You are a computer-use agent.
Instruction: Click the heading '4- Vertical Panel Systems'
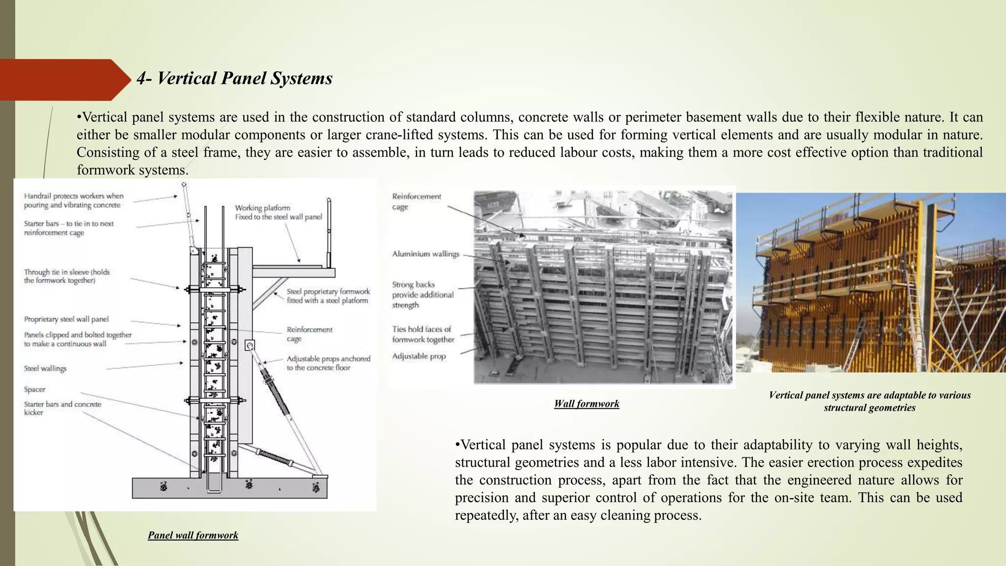point(234,79)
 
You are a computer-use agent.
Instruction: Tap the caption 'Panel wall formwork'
point(193,535)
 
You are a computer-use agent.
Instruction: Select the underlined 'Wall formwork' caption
point(587,404)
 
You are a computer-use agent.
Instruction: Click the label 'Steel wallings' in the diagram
point(45,368)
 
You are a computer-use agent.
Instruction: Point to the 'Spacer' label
point(34,390)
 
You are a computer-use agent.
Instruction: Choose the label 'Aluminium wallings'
point(425,254)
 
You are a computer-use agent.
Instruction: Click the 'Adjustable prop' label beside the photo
point(419,356)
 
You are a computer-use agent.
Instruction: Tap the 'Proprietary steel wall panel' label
point(66,319)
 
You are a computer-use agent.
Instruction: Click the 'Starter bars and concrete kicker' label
point(62,408)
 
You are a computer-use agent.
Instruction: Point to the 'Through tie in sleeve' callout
point(67,276)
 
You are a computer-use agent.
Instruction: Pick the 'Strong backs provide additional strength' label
point(422,295)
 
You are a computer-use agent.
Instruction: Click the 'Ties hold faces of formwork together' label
point(422,335)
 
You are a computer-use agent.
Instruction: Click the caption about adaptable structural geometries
point(869,401)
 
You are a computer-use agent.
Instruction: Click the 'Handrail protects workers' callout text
point(74,200)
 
